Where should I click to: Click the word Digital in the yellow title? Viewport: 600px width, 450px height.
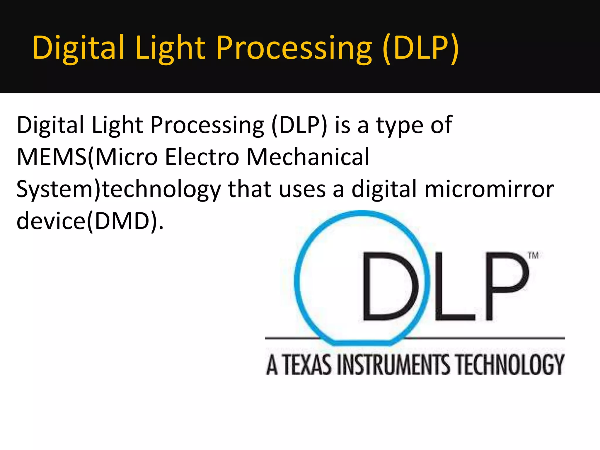tap(78, 48)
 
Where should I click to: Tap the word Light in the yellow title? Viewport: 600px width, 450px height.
tap(171, 48)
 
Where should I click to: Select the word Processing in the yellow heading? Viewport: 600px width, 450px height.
tap(294, 48)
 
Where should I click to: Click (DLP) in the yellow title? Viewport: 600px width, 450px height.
tap(421, 48)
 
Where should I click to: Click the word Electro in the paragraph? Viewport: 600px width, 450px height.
tap(202, 157)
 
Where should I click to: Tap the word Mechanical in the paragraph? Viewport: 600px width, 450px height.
tap(308, 157)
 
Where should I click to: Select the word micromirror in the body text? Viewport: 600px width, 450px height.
tap(489, 189)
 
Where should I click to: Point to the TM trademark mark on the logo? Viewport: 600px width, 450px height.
tap(533, 255)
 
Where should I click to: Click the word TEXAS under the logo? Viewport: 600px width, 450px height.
tap(308, 365)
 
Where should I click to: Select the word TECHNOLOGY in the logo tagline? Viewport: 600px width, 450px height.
tap(510, 365)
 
